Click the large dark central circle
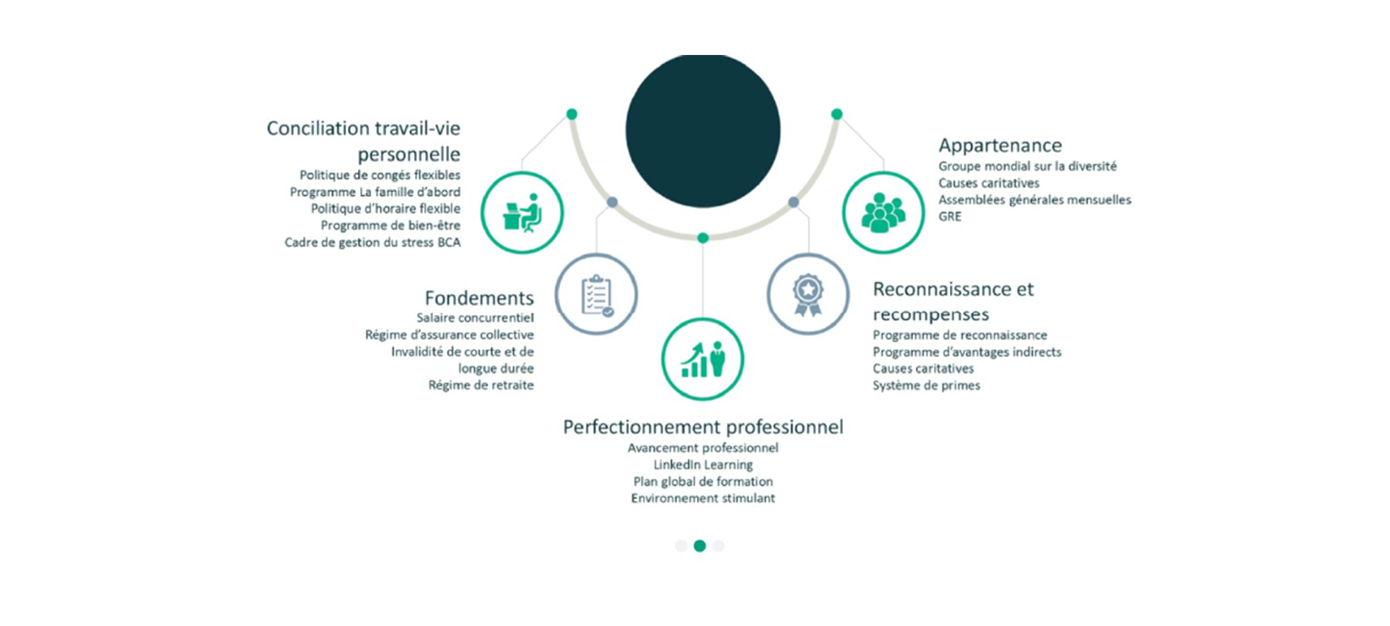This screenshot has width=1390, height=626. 703,130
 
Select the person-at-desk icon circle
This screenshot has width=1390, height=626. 522,212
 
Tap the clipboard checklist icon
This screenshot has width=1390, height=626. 596,294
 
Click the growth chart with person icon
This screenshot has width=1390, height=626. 703,359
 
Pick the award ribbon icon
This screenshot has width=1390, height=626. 808,294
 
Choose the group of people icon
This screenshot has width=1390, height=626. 883,212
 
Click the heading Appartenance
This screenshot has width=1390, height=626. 1000,145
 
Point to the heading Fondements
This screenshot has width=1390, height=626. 480,298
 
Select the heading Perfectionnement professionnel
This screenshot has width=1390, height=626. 703,426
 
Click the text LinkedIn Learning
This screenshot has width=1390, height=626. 703,465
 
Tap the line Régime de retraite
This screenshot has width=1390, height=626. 481,385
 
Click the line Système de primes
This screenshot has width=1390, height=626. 926,385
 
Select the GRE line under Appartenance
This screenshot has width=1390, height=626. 950,216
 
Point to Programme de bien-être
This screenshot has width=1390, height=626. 391,225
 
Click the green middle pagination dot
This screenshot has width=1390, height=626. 700,546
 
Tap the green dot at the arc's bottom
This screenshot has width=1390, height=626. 703,238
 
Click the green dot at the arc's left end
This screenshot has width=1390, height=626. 572,114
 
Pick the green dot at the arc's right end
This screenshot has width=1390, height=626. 837,114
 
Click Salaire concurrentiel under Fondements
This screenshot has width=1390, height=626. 475,318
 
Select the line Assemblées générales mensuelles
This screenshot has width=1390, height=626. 1035,200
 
